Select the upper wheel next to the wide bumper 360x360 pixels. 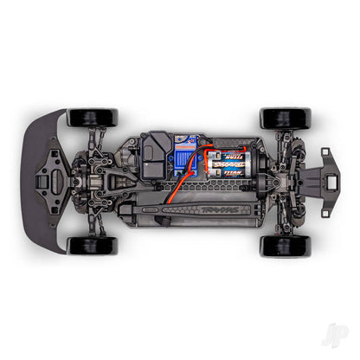pos(92,117)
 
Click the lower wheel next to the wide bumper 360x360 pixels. pos(92,245)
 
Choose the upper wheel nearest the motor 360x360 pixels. pos(286,118)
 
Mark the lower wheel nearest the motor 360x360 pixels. pos(286,245)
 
